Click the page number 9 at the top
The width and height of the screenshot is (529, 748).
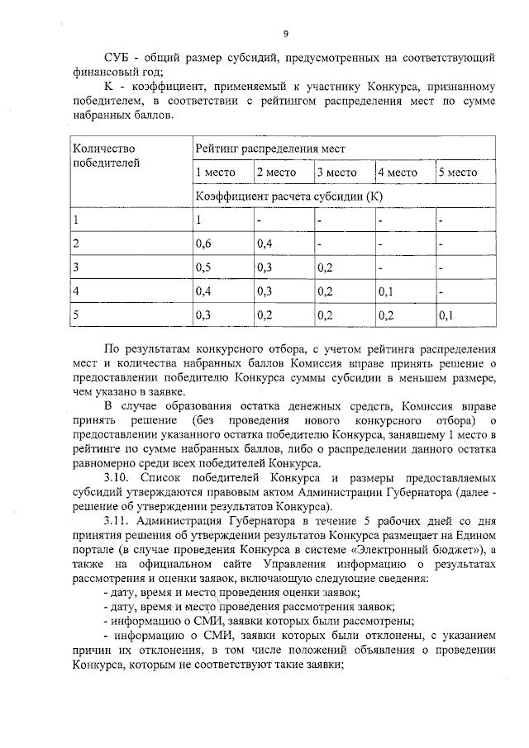[285, 34]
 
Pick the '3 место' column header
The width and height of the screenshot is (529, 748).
[336, 173]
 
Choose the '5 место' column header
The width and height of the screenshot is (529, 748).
[458, 173]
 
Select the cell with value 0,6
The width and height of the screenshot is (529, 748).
[203, 244]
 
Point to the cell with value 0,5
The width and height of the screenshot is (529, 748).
[203, 267]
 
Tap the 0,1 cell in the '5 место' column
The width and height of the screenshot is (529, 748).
[446, 315]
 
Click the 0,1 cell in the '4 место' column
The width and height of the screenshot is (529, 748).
[386, 291]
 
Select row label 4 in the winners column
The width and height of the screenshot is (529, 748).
[76, 291]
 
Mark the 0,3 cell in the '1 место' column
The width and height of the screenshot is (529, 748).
[203, 315]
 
